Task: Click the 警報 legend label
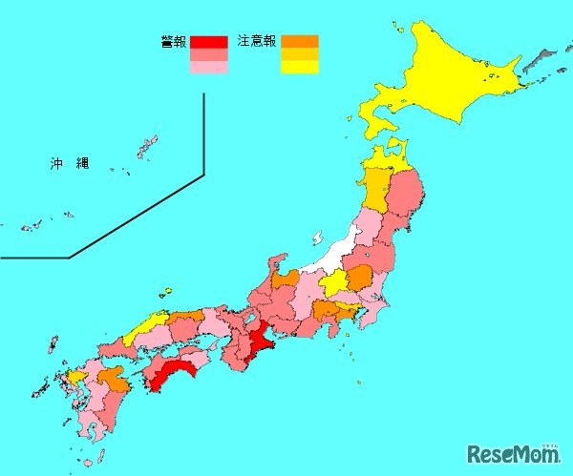[x=173, y=41]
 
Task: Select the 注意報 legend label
[x=256, y=41]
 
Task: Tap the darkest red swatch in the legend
[x=208, y=42]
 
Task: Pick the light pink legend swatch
[x=208, y=68]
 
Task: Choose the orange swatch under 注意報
[x=299, y=41]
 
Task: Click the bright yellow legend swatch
[x=299, y=68]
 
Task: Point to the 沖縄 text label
[x=70, y=164]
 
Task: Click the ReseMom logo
[x=514, y=452]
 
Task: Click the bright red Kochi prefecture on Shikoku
[x=172, y=375]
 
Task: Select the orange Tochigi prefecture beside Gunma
[x=359, y=279]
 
